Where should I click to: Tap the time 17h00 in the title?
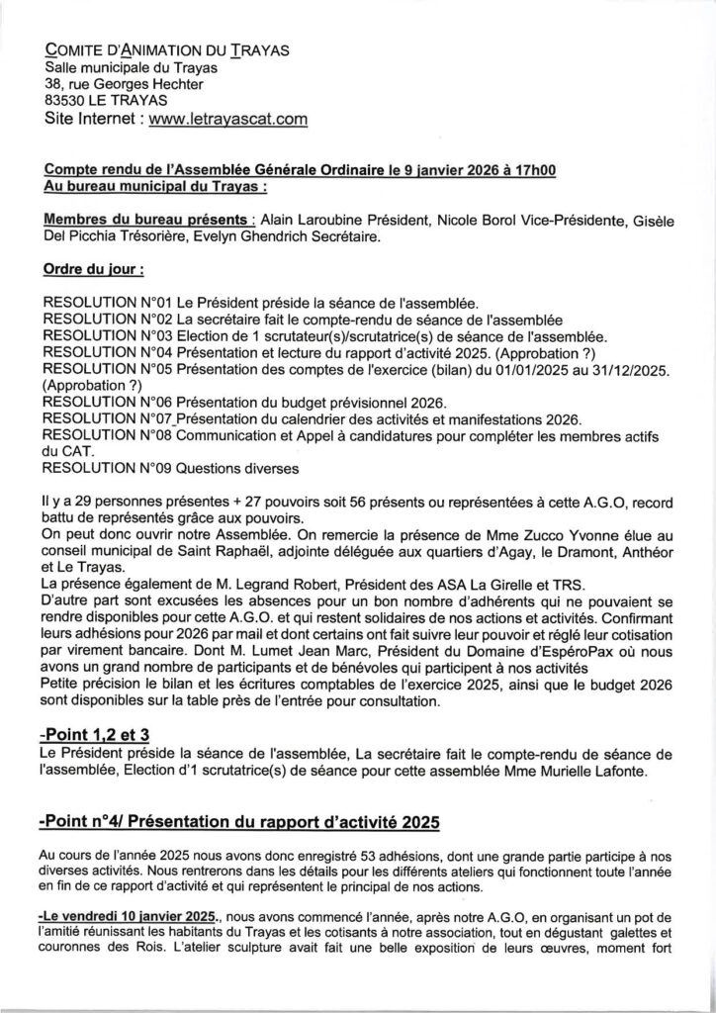pos(531,170)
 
